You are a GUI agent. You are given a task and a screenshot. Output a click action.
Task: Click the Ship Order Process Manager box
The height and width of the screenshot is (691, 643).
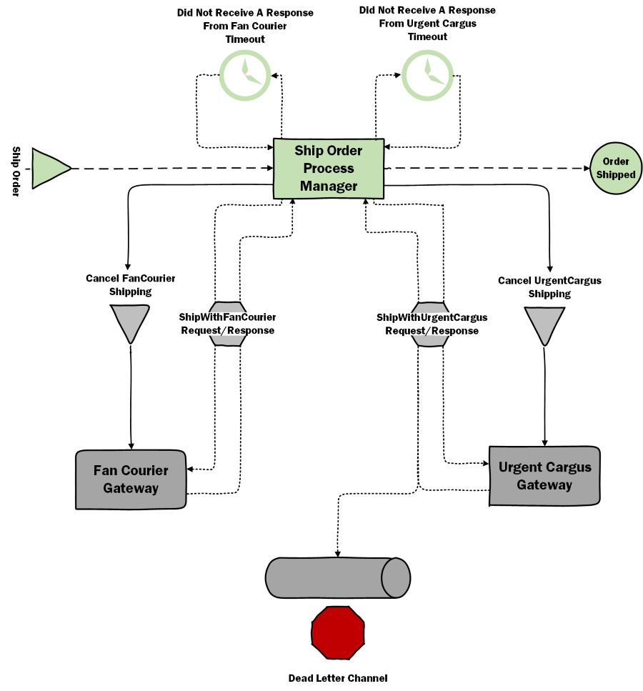tap(329, 169)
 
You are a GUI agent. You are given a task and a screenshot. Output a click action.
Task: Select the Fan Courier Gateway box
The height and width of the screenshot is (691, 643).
tap(131, 479)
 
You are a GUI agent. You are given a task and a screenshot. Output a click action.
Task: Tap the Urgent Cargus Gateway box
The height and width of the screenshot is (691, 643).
tap(544, 476)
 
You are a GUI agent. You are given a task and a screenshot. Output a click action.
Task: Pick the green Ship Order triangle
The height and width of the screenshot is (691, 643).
tap(49, 169)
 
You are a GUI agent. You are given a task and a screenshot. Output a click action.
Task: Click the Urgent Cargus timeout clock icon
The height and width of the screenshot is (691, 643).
tap(427, 74)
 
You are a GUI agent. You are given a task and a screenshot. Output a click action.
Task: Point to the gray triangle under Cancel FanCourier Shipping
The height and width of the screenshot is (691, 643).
tap(130, 322)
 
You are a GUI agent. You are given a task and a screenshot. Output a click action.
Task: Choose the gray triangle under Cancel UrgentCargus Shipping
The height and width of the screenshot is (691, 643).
tap(544, 324)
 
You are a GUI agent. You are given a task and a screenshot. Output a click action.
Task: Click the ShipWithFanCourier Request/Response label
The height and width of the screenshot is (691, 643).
tap(227, 324)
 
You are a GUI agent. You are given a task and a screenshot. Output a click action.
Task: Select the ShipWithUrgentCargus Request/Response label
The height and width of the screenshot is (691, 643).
tap(432, 324)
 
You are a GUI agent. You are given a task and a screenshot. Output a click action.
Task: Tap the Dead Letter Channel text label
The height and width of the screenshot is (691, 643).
tap(337, 677)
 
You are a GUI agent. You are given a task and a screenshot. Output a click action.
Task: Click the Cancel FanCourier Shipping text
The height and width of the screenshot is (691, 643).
tap(130, 284)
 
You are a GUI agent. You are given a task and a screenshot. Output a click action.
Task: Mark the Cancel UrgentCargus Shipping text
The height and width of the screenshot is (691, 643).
tap(549, 287)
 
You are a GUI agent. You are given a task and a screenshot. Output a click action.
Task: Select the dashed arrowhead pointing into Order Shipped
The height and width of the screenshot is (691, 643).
tap(584, 169)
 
